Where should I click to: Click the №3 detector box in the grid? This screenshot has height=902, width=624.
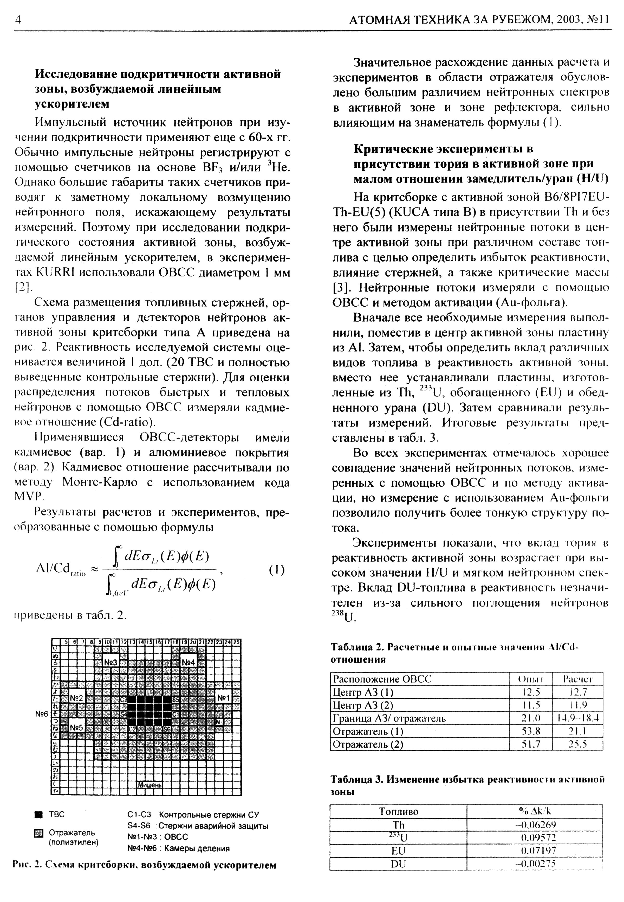pos(111,662)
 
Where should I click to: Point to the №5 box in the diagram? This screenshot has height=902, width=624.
pos(77,728)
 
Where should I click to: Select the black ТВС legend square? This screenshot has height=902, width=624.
pos(38,814)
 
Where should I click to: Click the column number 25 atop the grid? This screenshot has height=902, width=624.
pos(237,641)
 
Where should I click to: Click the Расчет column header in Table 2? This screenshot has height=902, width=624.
pos(577,679)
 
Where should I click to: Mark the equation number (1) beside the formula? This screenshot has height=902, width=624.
pos(277,570)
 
